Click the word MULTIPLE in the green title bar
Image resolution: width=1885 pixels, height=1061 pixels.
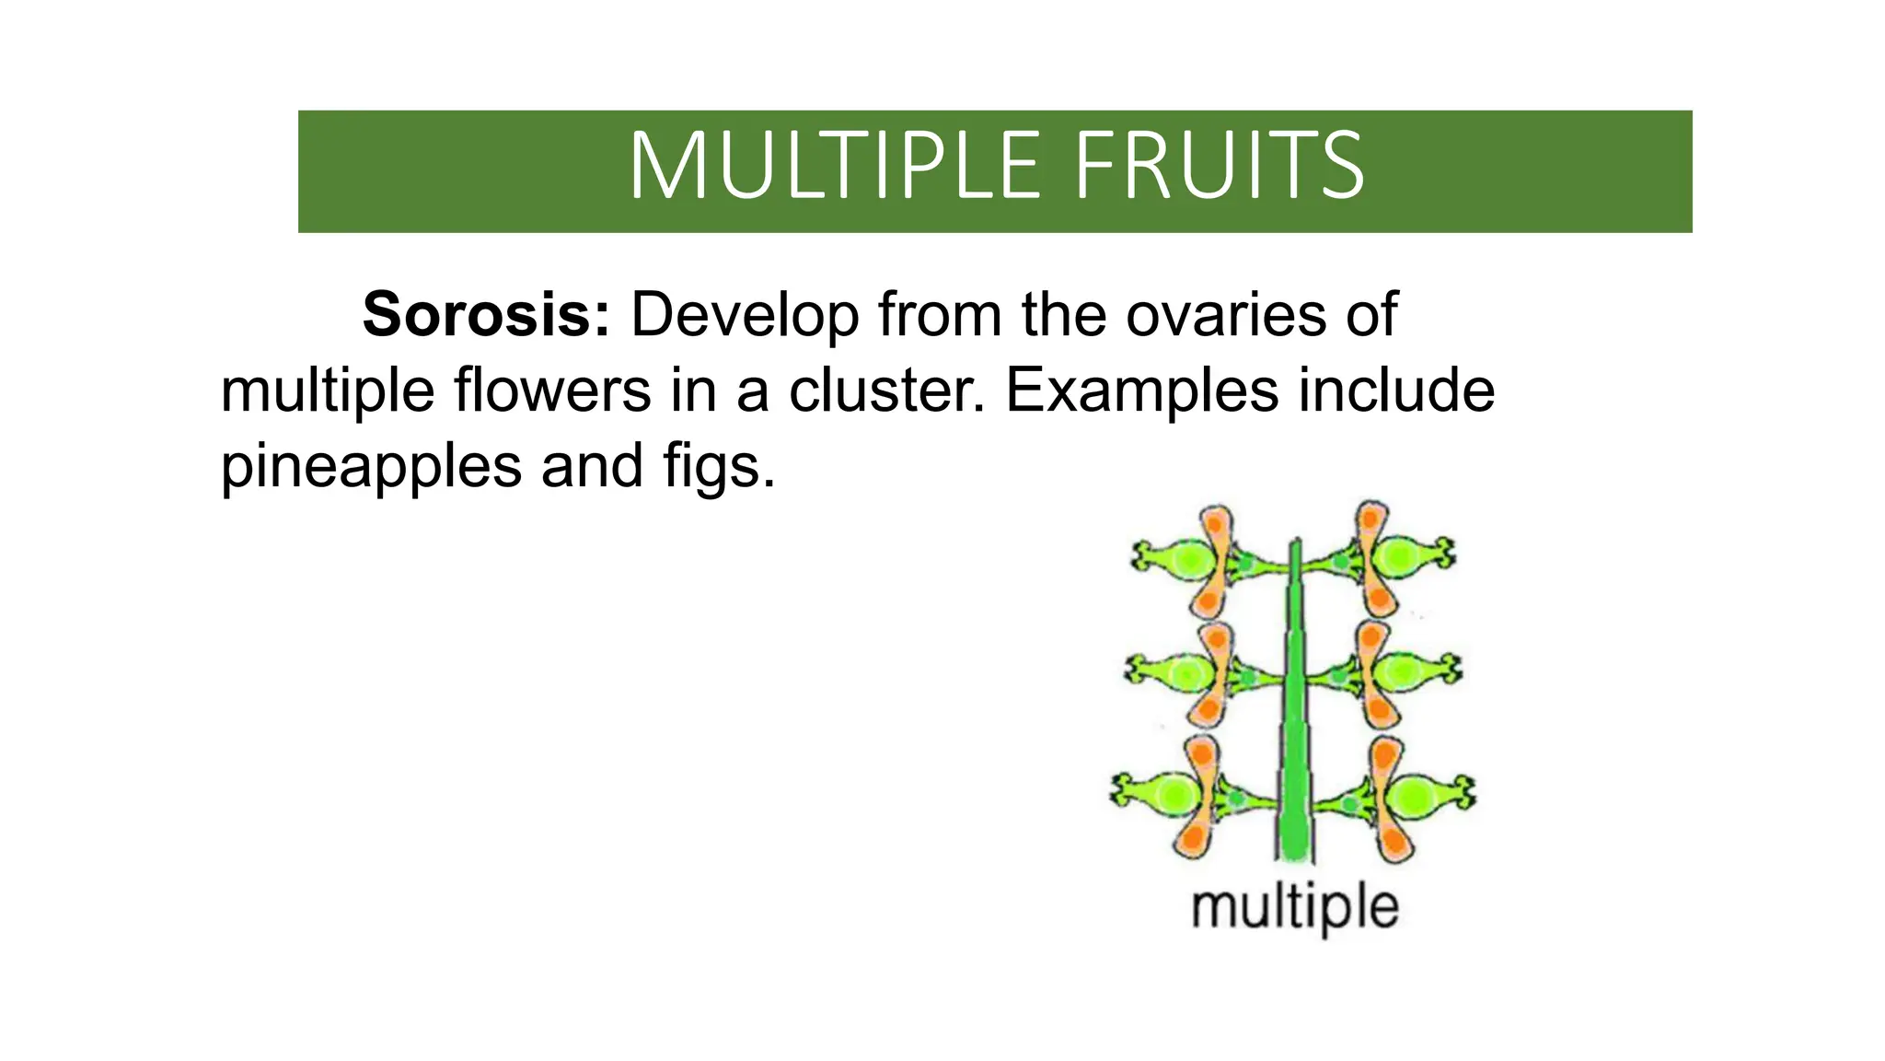pos(834,166)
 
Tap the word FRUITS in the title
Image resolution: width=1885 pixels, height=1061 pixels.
pos(1219,166)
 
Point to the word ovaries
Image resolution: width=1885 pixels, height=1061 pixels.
pos(1226,315)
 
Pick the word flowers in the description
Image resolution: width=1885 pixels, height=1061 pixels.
pos(552,391)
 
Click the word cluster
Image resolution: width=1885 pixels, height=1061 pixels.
pos(886,391)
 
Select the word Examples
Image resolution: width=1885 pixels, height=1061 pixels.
pos(1141,391)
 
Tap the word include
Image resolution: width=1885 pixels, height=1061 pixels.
pos(1396,391)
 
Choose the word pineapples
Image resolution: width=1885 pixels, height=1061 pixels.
pos(371,466)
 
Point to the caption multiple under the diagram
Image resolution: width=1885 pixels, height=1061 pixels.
pos(1295,908)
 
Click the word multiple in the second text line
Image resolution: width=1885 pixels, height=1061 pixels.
pos(327,391)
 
